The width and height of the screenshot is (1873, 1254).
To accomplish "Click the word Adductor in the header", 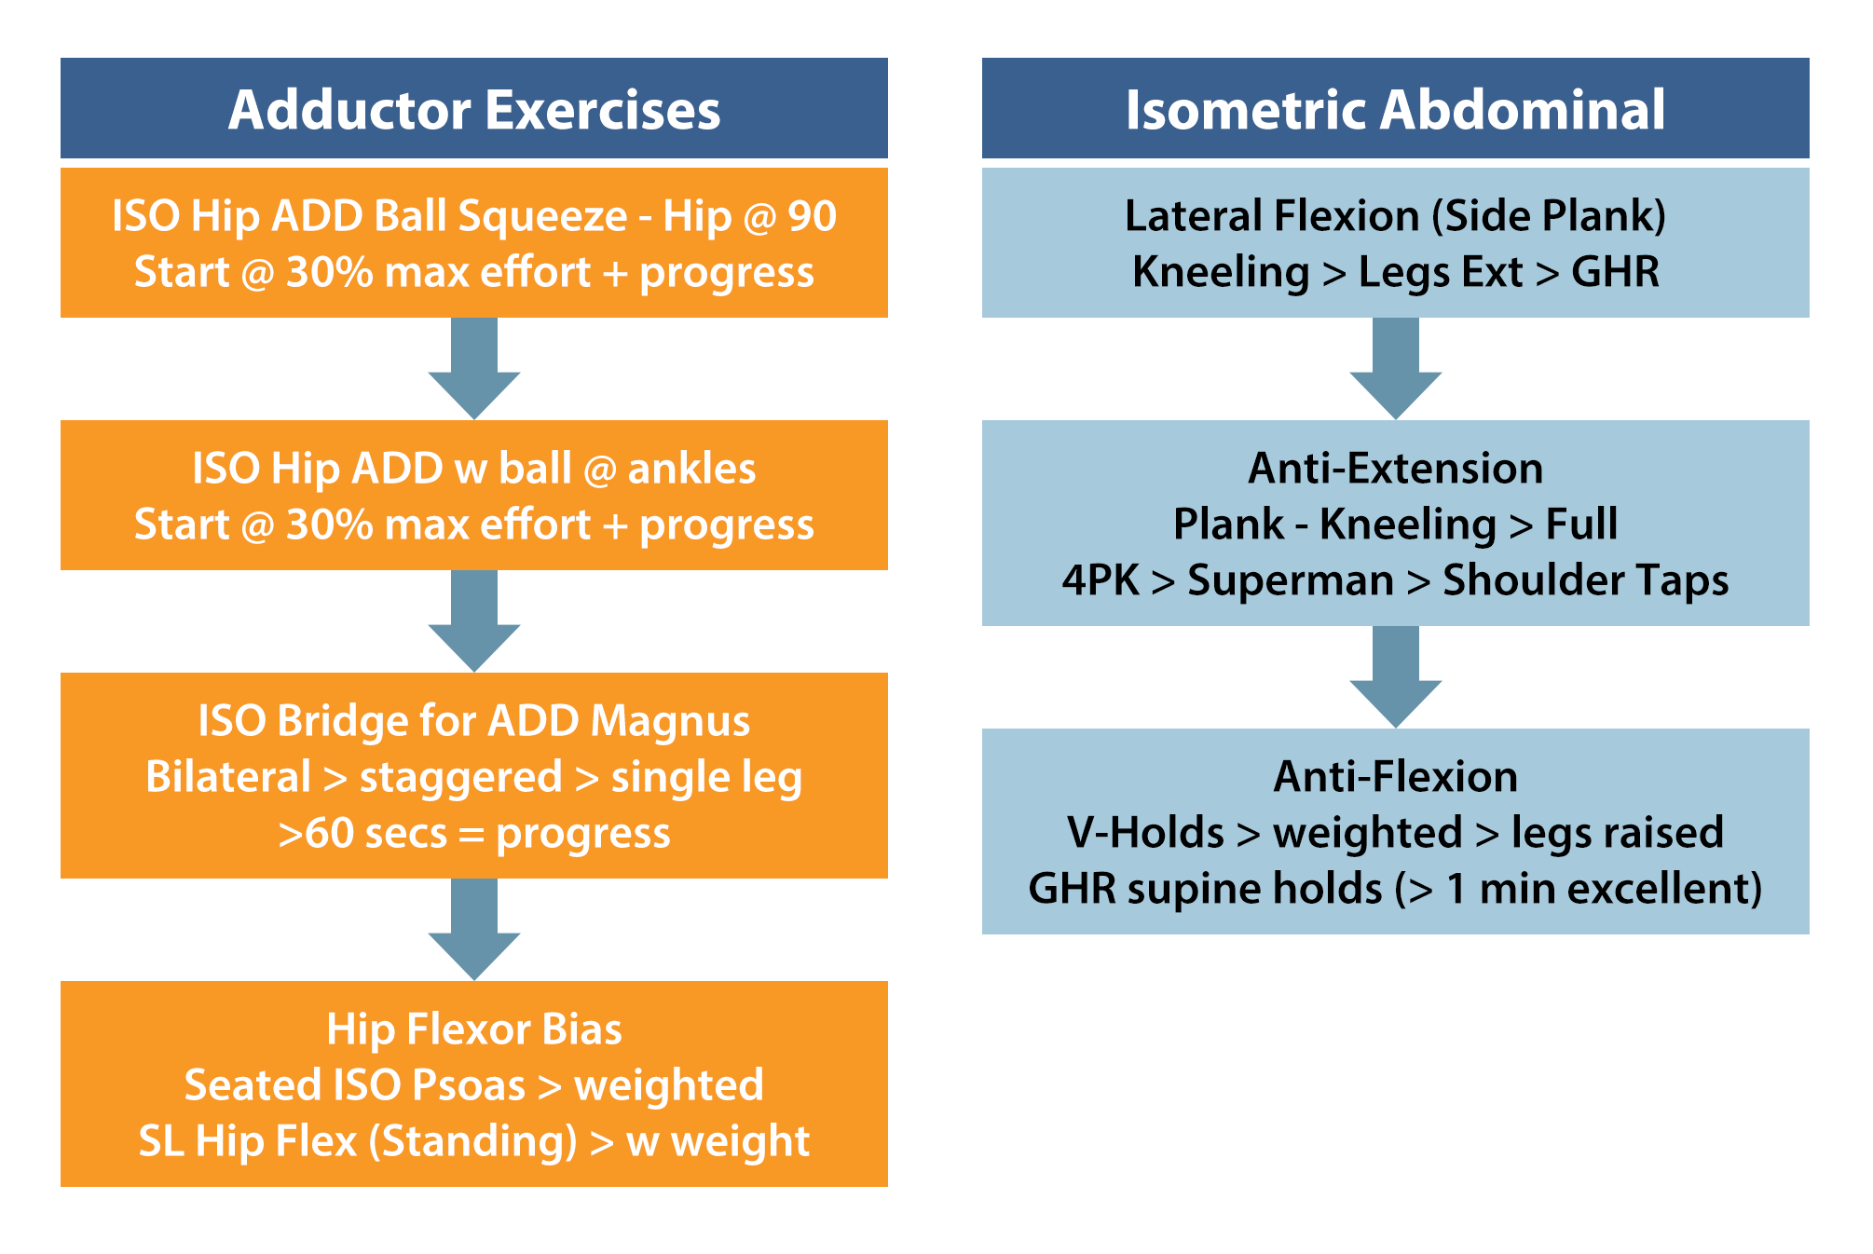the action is click(349, 109).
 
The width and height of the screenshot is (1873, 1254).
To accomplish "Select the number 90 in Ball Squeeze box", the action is click(812, 216).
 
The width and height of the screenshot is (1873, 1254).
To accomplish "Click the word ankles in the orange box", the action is click(691, 468).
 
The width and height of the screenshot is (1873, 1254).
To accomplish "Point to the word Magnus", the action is click(670, 721).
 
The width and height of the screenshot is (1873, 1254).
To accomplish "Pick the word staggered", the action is click(461, 778).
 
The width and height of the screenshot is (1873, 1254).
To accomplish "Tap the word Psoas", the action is click(469, 1085).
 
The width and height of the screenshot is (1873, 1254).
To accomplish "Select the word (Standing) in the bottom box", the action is click(473, 1141).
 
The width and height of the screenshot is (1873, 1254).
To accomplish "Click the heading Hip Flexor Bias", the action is click(474, 1029).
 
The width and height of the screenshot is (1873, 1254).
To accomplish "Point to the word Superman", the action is click(1291, 580).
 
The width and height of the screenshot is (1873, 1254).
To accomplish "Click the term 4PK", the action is click(1101, 580).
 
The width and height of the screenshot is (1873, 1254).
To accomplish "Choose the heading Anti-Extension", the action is click(1396, 468).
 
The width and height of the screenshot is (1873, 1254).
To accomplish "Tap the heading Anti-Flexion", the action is click(1396, 776).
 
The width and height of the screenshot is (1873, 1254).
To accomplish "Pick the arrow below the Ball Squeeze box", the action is click(474, 368).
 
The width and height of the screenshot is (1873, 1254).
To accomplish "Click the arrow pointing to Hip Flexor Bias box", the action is click(474, 929).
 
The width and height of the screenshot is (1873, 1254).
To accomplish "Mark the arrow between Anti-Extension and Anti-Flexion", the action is click(1396, 676).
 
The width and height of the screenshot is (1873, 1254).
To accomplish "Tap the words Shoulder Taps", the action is click(1586, 580).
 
